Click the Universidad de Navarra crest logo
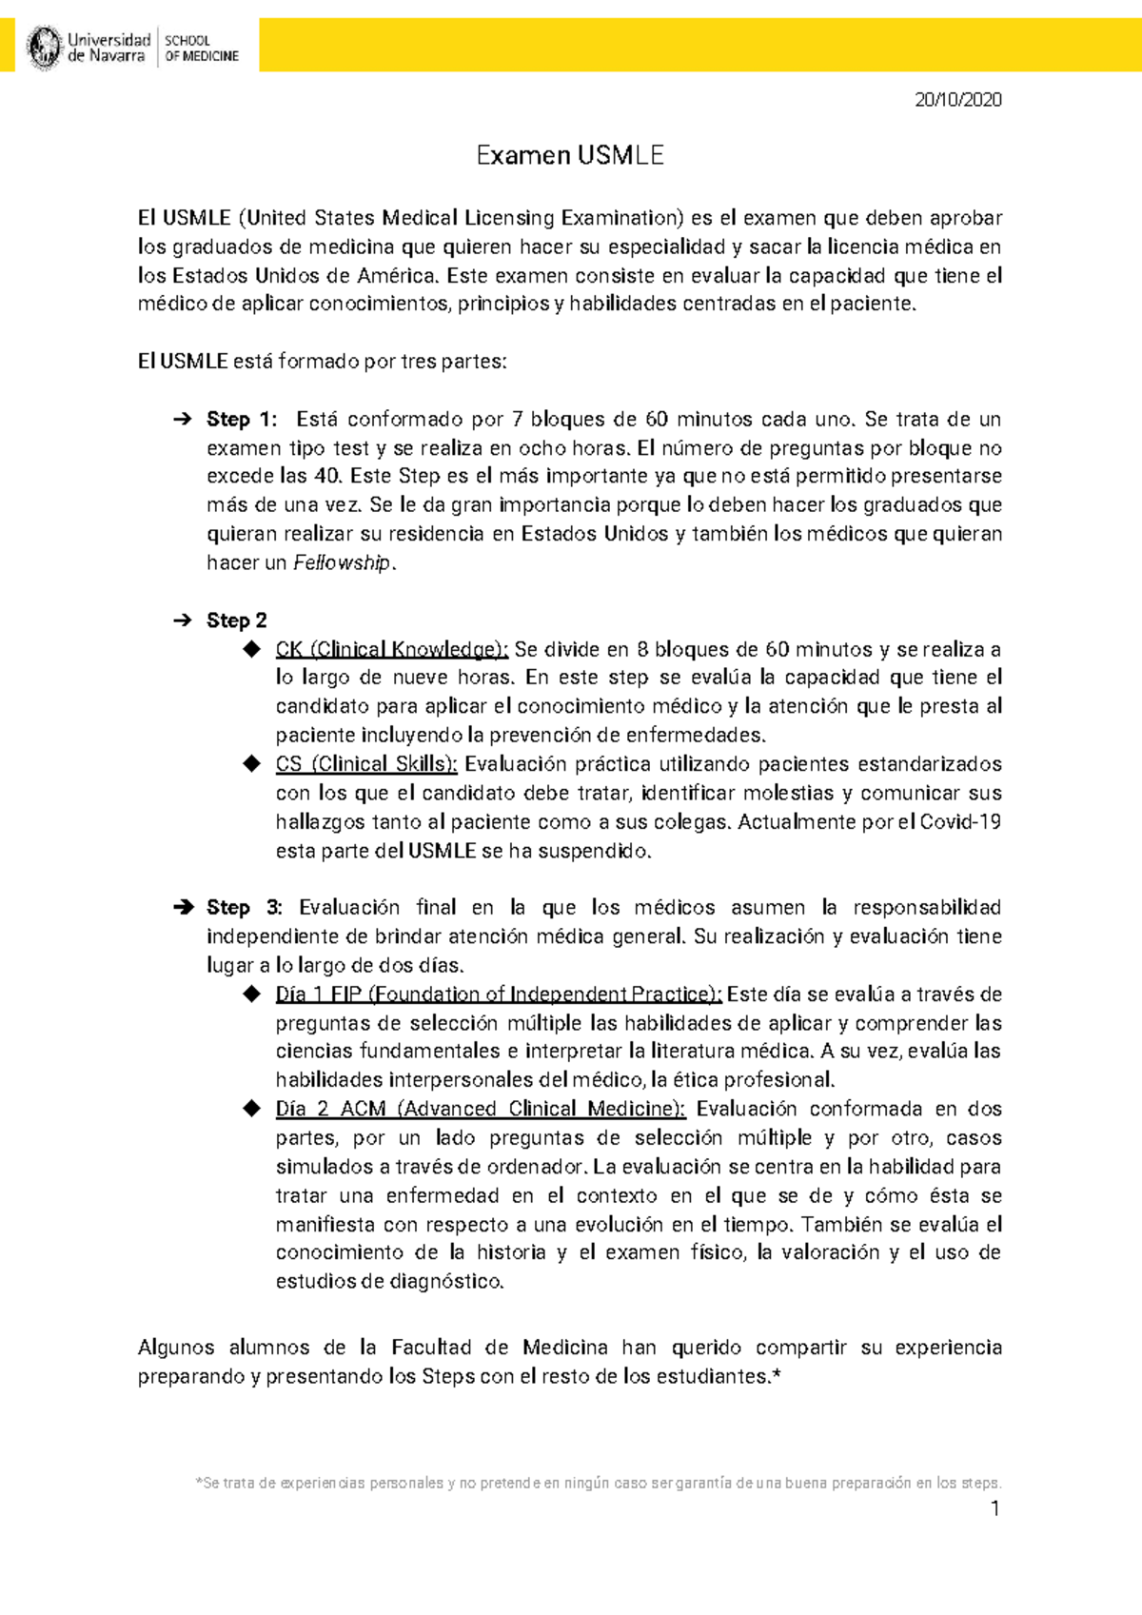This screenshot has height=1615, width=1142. point(44,48)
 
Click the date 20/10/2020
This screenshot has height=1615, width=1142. point(957,100)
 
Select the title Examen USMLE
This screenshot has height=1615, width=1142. point(570,155)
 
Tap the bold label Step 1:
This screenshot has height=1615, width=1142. point(242,420)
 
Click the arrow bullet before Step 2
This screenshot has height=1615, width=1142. point(182,620)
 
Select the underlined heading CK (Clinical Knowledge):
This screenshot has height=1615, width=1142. point(392,650)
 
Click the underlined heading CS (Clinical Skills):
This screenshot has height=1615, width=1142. point(366,764)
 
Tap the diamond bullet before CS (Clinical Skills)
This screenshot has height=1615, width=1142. point(251,763)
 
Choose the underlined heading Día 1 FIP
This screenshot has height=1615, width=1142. point(499,995)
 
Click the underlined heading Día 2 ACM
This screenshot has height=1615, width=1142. point(480,1109)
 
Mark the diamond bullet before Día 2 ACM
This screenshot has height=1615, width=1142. point(251,1108)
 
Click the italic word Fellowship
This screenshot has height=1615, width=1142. point(343,563)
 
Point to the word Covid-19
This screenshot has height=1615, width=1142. point(960,822)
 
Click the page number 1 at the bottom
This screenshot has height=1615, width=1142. point(994,1508)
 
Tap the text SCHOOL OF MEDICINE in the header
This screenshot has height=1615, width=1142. point(201,49)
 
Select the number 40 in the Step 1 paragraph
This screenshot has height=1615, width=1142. point(325,477)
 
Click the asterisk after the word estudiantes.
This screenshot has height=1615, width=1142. point(776,1375)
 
